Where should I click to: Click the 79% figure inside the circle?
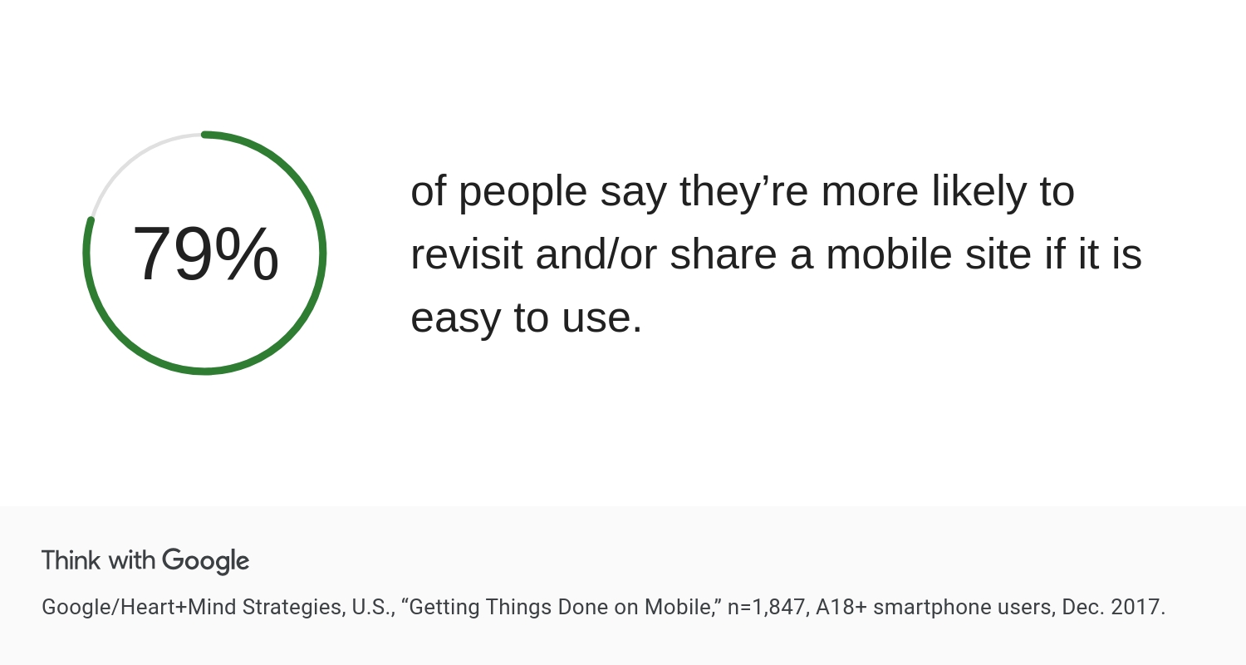pyautogui.click(x=205, y=254)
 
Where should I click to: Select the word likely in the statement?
pyautogui.click(x=979, y=191)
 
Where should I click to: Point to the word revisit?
pyautogui.click(x=467, y=254)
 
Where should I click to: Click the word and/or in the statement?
pyautogui.click(x=596, y=254)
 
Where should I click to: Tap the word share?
pyautogui.click(x=724, y=254)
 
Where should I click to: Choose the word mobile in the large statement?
pyautogui.click(x=889, y=254)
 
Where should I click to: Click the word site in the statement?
pyautogui.click(x=998, y=254)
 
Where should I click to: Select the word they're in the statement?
pyautogui.click(x=743, y=191)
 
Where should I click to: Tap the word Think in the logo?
pyautogui.click(x=71, y=559)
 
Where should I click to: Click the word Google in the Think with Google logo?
pyautogui.click(x=206, y=561)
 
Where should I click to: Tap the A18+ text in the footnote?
pyautogui.click(x=841, y=607)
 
